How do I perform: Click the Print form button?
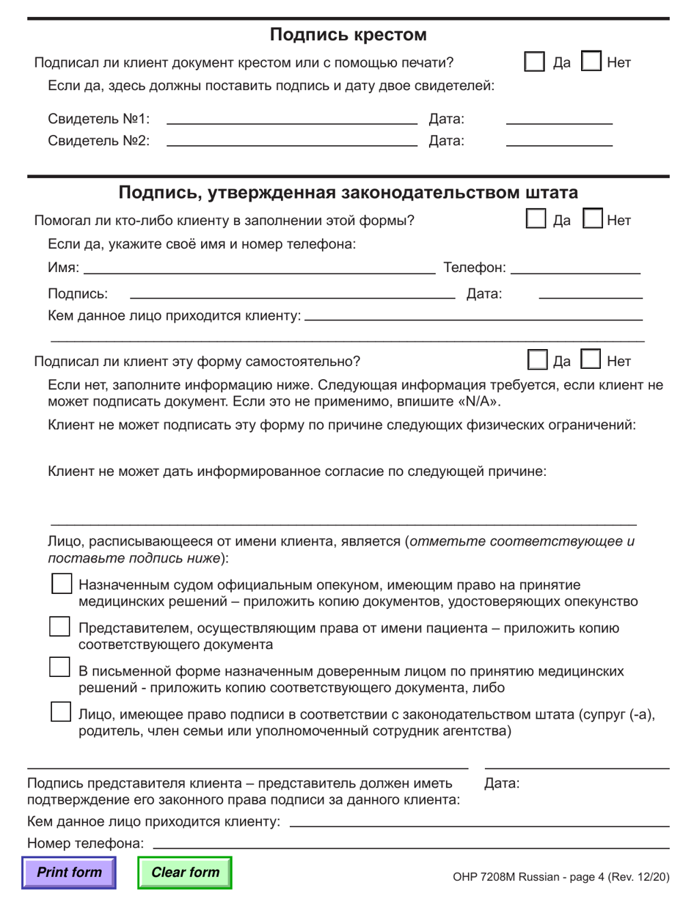pyautogui.click(x=69, y=873)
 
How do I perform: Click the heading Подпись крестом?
pyautogui.click(x=348, y=34)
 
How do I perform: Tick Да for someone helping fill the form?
pyautogui.click(x=537, y=219)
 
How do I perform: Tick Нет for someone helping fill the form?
pyautogui.click(x=593, y=219)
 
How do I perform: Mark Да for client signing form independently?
pyautogui.click(x=538, y=361)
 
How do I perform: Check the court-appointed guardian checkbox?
pyautogui.click(x=59, y=584)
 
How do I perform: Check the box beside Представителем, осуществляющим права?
pyautogui.click(x=59, y=628)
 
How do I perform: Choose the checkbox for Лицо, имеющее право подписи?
pyautogui.click(x=59, y=712)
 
